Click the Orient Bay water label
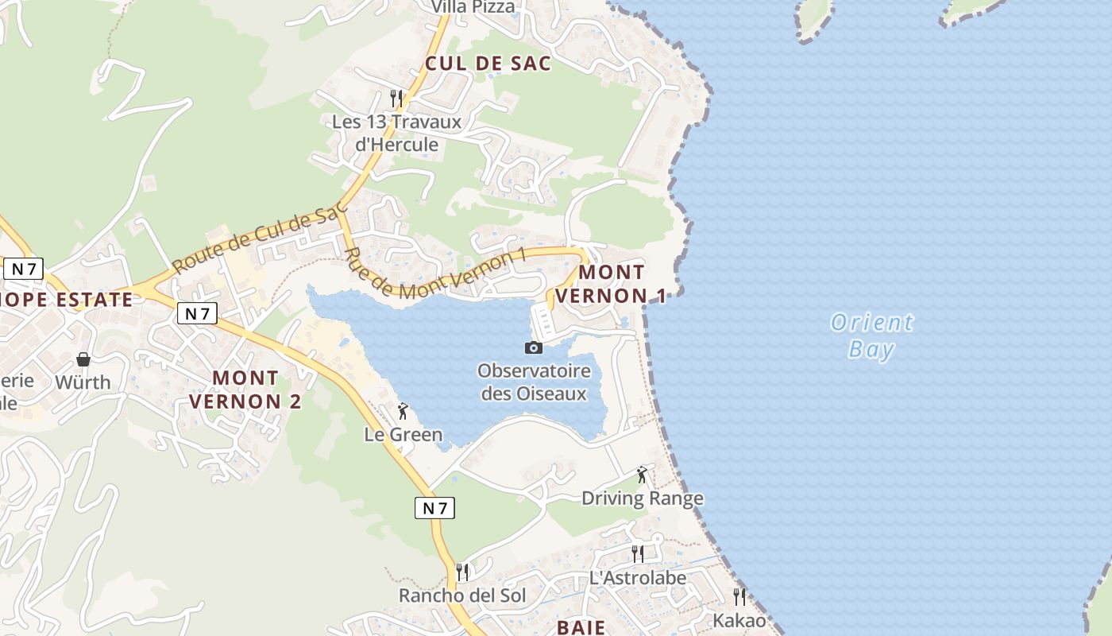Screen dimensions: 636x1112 [871, 335]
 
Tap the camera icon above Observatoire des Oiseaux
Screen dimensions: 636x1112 [534, 347]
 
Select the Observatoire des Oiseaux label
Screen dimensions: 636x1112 [534, 382]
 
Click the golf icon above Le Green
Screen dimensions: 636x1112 [403, 411]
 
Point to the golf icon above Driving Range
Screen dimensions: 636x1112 [642, 475]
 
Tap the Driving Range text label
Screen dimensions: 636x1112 [643, 498]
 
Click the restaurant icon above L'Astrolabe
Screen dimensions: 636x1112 [638, 553]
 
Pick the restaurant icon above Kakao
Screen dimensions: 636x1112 [739, 596]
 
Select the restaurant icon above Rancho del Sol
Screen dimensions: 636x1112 [462, 572]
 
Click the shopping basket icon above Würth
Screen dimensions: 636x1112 [83, 359]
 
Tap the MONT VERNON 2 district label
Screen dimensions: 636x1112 [245, 390]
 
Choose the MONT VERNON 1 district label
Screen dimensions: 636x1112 [611, 284]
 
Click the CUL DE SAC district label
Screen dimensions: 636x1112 [488, 64]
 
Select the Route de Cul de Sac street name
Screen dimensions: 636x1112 [260, 237]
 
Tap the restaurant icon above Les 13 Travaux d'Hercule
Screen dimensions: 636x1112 [396, 99]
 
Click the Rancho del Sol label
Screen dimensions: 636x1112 [462, 595]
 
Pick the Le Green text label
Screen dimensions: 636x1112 [403, 435]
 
